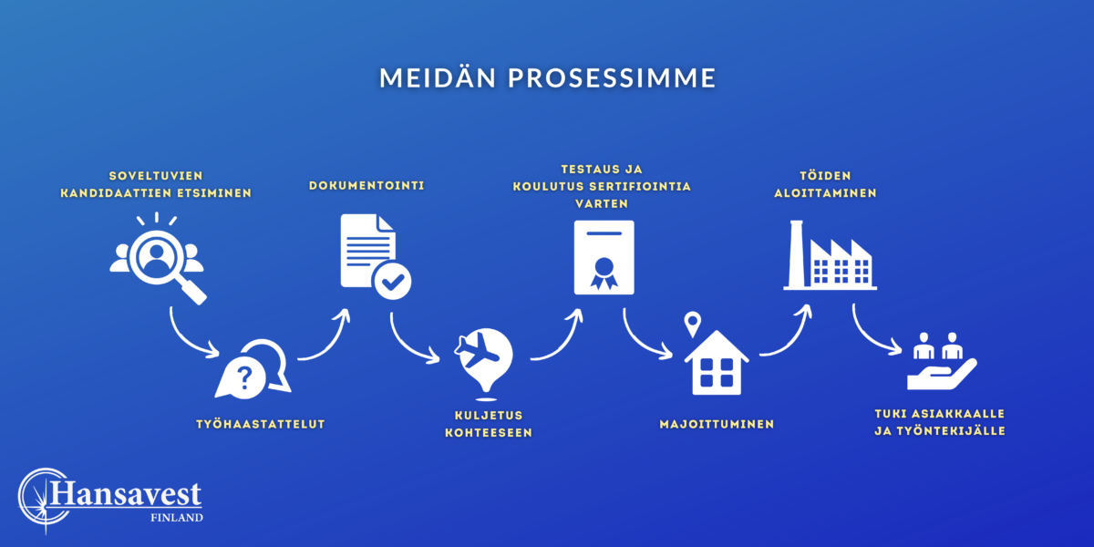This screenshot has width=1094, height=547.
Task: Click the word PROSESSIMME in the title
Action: (x=612, y=78)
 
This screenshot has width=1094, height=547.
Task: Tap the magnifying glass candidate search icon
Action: (x=157, y=259)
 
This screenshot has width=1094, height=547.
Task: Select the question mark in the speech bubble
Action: (x=244, y=377)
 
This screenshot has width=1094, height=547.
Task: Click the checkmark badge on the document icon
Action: (x=392, y=282)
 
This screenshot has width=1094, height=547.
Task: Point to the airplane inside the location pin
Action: (x=477, y=350)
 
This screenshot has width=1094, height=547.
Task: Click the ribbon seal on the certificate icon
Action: (x=604, y=273)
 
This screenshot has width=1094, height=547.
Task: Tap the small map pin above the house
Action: (x=693, y=324)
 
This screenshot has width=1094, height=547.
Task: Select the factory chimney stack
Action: (x=796, y=254)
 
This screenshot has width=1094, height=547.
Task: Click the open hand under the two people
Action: (x=942, y=374)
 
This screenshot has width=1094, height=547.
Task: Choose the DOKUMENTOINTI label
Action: (x=366, y=186)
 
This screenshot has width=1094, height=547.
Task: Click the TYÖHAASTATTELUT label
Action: (x=261, y=425)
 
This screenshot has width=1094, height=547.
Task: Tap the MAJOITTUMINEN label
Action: (x=717, y=425)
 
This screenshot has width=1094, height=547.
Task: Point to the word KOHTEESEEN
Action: (x=489, y=433)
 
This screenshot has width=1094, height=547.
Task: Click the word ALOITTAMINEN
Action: (x=825, y=193)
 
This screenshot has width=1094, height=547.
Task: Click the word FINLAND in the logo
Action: (x=177, y=518)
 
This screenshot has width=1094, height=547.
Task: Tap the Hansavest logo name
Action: (x=126, y=494)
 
